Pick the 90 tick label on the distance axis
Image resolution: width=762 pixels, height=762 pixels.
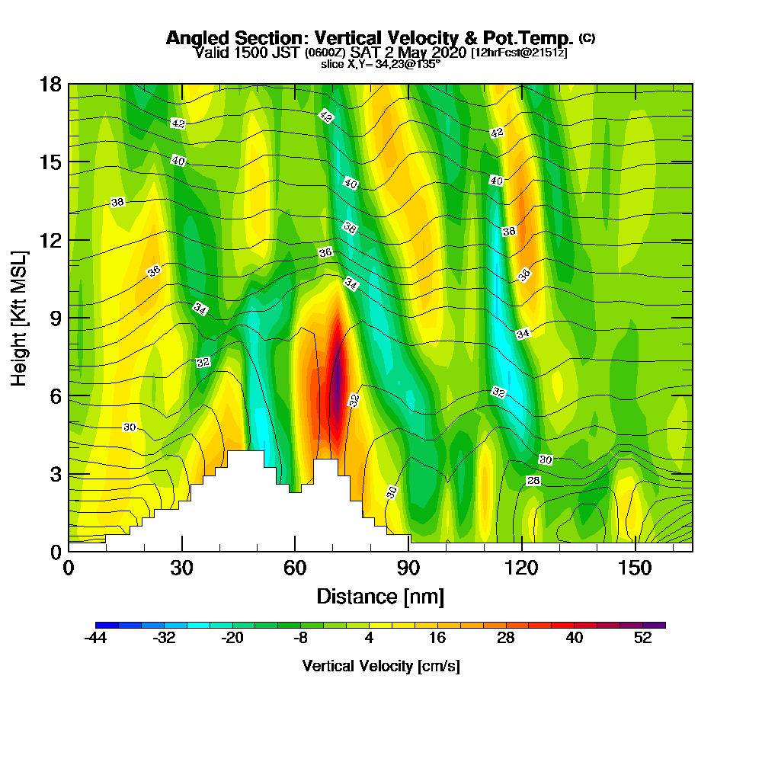408,568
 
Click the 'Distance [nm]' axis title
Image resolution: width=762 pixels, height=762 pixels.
380,596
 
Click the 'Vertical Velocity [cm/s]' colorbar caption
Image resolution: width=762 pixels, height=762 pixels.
380,666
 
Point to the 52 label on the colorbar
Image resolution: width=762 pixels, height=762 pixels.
642,639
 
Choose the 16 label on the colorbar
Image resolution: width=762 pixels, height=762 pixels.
437,639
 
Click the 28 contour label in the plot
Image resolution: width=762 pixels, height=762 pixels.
533,480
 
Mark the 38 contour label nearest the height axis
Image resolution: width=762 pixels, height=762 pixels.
117,202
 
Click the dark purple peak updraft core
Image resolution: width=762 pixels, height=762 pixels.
336,385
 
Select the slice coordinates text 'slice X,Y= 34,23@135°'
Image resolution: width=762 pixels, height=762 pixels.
380,65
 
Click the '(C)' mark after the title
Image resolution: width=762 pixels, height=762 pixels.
587,37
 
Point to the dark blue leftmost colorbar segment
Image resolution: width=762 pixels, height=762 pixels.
101,625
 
